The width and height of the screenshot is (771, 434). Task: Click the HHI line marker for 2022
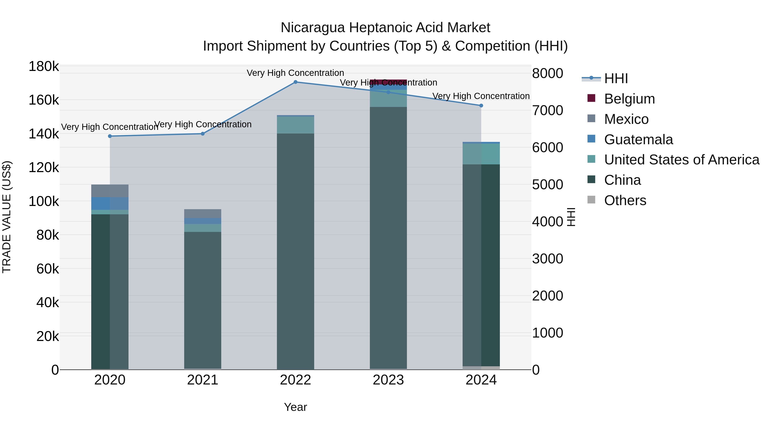295,82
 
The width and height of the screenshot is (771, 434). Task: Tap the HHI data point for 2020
110,136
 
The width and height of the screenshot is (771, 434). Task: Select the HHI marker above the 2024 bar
481,106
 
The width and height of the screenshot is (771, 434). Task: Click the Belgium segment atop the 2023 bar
388,81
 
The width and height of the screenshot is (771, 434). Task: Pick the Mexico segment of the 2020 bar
110,191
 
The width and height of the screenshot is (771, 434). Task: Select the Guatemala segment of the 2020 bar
110,203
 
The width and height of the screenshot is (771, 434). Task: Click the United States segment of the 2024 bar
481,154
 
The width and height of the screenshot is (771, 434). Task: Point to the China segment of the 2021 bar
203,300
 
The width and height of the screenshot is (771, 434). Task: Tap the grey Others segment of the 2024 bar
481,368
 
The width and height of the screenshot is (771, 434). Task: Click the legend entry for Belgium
629,99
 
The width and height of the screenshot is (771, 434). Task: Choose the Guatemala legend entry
638,140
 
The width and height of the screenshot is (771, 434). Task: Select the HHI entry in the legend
616,78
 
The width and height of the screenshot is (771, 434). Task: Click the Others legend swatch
591,200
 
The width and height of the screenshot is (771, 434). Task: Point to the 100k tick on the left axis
44,202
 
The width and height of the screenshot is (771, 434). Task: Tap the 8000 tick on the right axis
547,73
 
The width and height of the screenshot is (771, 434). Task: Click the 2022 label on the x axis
295,380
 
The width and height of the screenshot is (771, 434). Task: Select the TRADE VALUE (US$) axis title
7,217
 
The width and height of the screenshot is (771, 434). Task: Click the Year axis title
295,407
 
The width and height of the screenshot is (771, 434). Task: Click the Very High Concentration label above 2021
203,124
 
